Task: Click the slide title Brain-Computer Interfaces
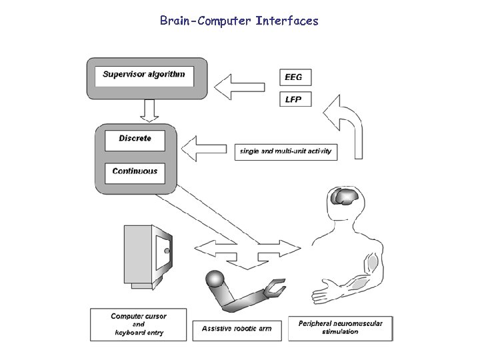(239, 21)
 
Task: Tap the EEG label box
(294, 77)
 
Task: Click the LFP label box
(294, 99)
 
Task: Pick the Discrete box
(135, 139)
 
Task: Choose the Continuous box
(135, 171)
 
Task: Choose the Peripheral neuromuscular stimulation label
(341, 327)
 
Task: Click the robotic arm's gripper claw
(274, 287)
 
